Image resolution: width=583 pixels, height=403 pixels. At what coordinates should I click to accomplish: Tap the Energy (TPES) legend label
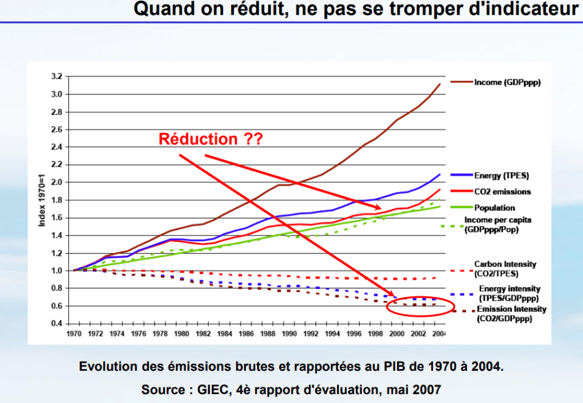502,175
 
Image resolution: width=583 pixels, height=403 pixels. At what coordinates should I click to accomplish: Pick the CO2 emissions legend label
503,192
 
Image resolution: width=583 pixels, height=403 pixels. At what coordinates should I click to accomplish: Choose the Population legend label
494,207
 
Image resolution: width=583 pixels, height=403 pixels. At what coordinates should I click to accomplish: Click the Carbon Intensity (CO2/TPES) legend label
504,269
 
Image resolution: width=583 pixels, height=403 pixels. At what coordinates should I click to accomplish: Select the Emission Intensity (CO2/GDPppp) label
511,314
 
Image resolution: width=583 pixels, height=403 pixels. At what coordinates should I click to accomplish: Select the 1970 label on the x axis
74,335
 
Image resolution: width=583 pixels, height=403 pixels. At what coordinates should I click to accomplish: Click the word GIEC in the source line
206,389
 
